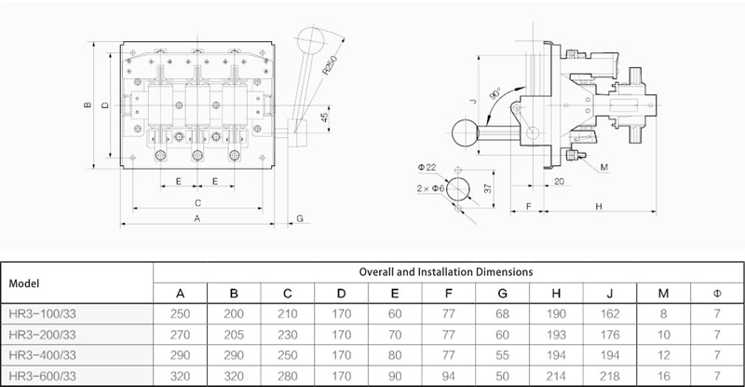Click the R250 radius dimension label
click(x=330, y=65)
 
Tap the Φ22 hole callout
click(x=427, y=168)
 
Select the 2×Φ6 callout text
click(x=430, y=188)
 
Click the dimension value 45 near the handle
click(x=325, y=117)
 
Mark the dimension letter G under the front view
click(x=300, y=218)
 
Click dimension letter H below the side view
click(x=599, y=207)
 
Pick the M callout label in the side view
click(x=604, y=167)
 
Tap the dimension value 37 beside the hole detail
click(x=487, y=188)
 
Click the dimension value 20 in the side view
click(x=560, y=181)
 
